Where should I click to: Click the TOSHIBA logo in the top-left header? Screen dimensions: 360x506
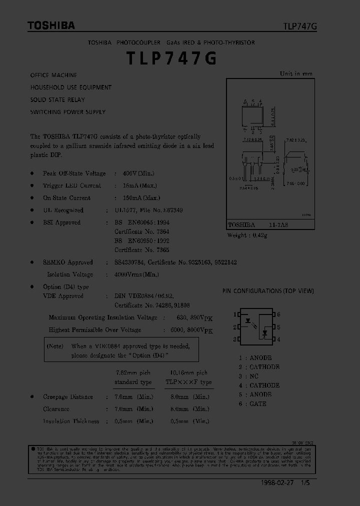(x=51, y=25)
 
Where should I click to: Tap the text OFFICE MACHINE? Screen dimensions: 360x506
(x=53, y=75)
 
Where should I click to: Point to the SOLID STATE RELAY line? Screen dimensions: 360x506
(x=57, y=99)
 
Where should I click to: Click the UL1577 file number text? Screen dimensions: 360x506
(x=148, y=210)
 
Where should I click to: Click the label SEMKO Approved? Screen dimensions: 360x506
(x=68, y=262)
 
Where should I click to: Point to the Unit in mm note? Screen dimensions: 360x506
(x=296, y=73)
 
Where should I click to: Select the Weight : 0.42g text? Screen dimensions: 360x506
(x=247, y=235)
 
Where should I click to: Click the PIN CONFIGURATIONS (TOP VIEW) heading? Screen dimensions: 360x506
(x=268, y=291)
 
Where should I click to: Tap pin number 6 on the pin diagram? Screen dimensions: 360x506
(x=278, y=314)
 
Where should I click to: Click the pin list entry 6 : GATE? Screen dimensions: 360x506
(x=252, y=403)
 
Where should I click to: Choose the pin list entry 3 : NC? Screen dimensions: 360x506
(x=248, y=376)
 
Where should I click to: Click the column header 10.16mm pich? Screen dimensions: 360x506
(x=188, y=372)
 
